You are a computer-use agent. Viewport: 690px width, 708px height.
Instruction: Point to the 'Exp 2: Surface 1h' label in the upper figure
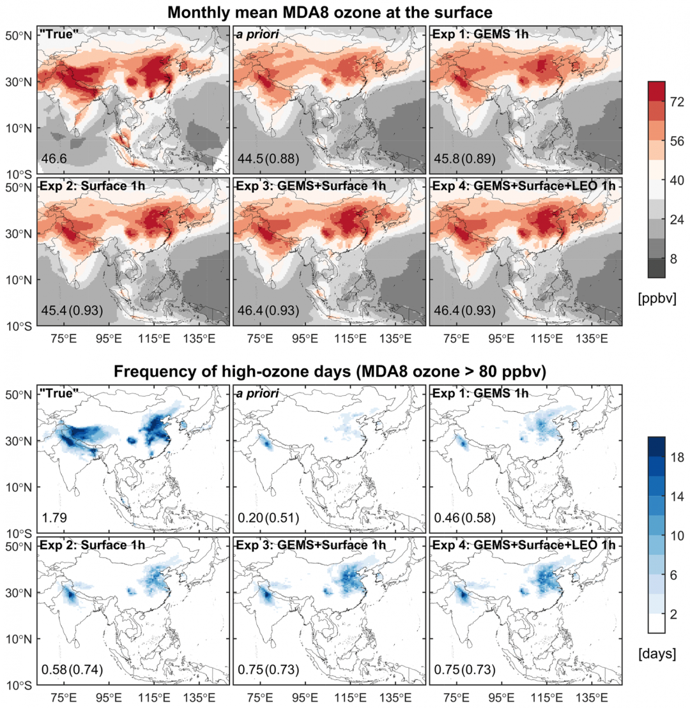(80, 186)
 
